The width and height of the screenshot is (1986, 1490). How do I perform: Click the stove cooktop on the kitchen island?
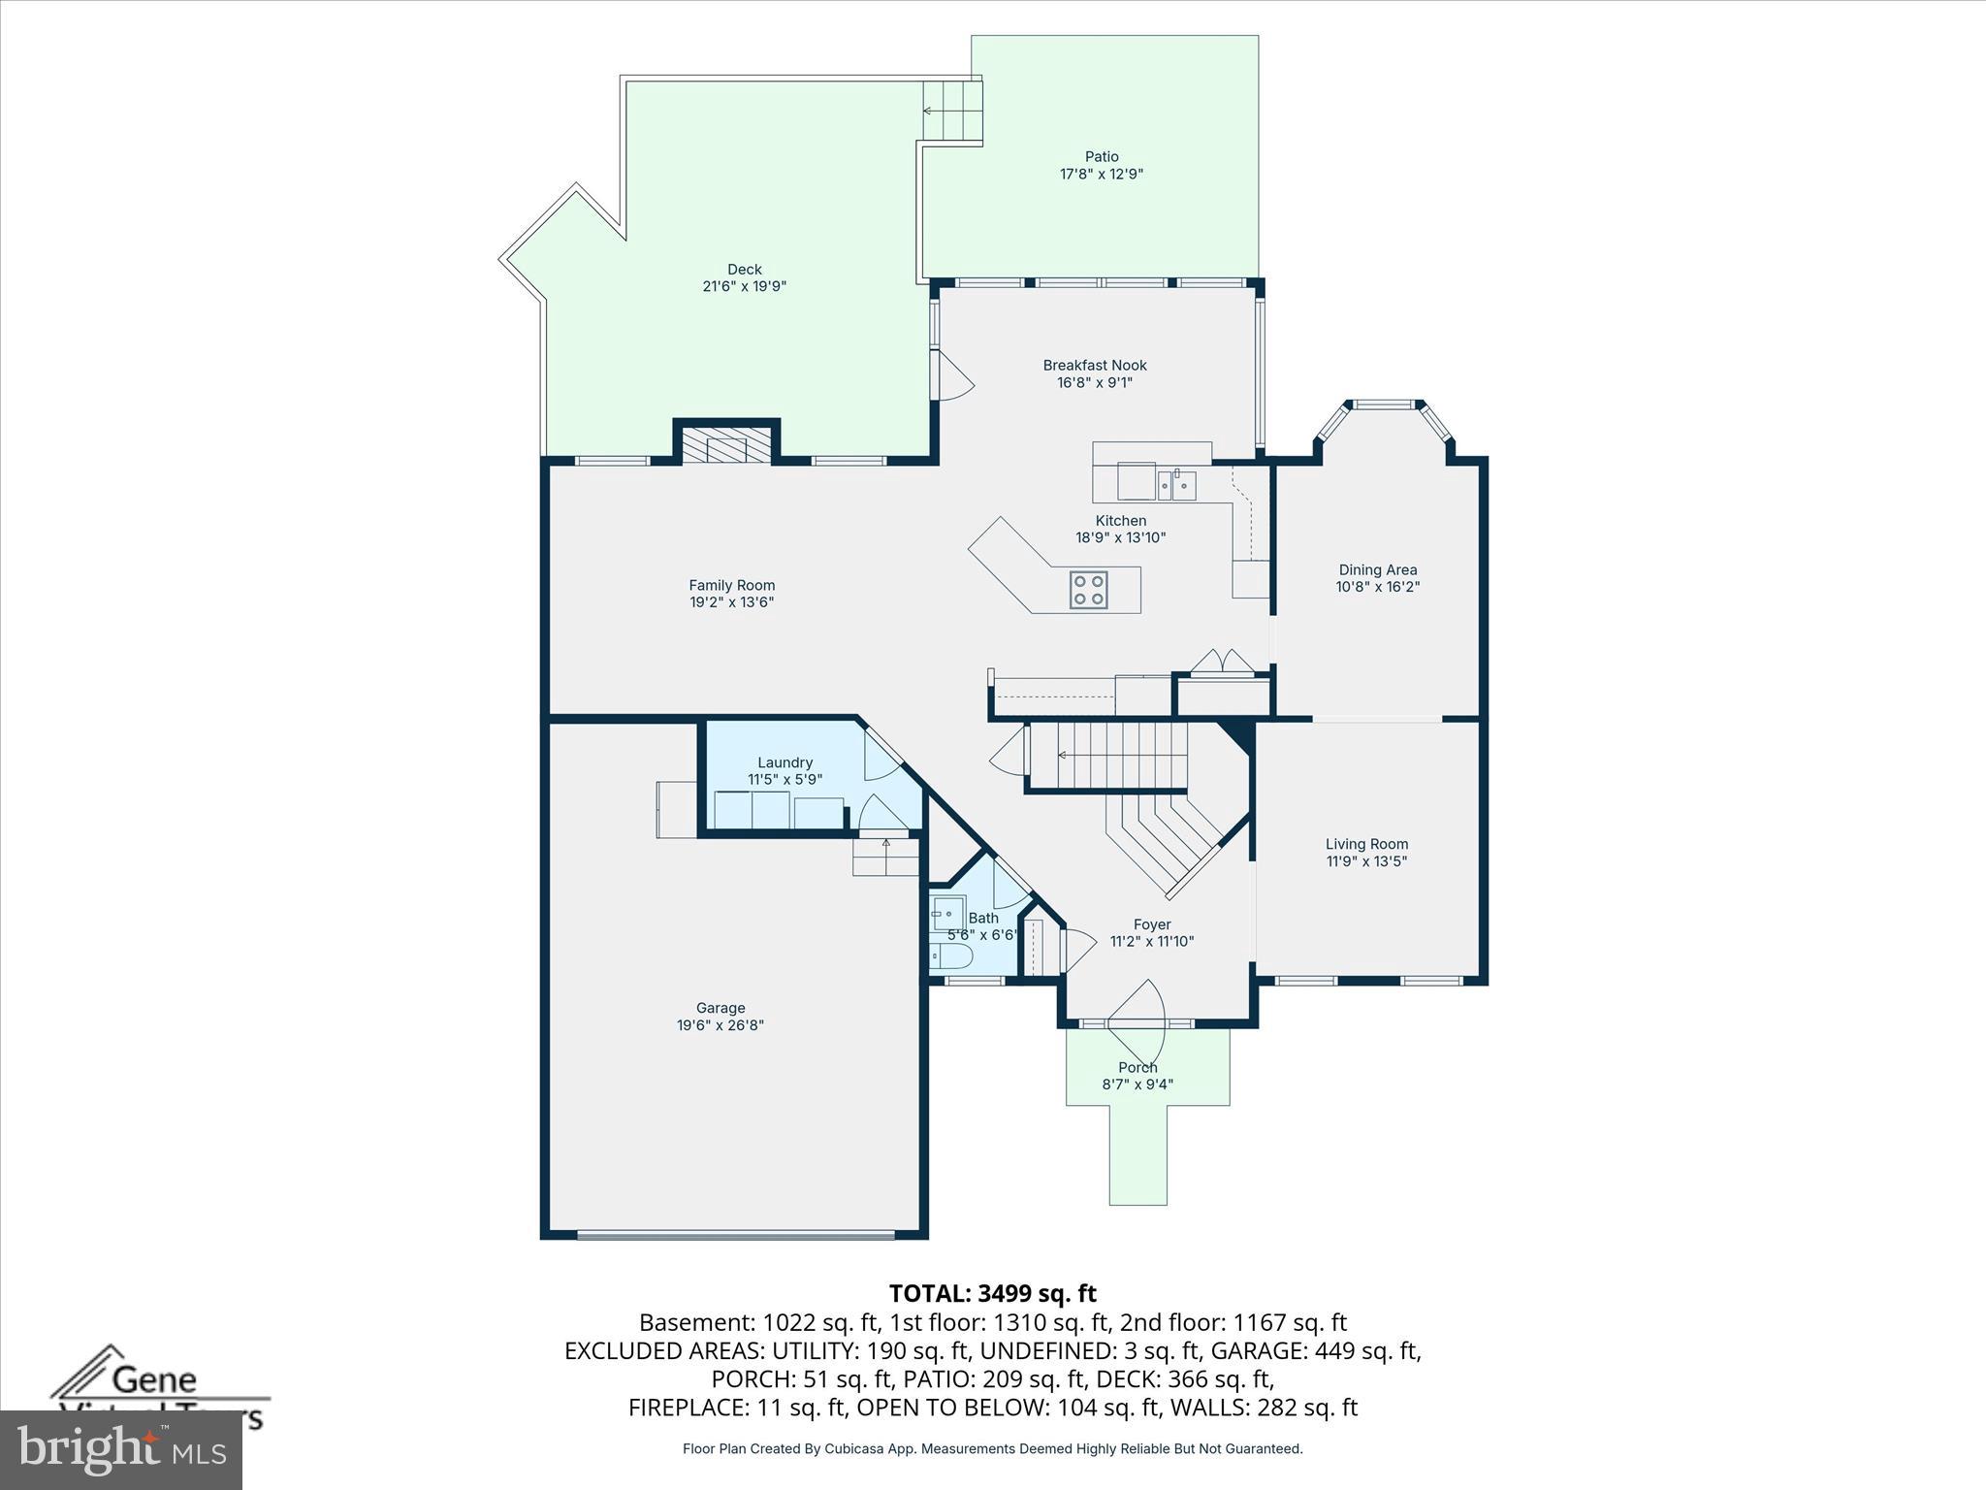tap(1089, 590)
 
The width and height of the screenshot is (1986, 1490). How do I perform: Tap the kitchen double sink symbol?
tap(1176, 484)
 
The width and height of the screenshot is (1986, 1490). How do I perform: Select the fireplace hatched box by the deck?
tap(727, 448)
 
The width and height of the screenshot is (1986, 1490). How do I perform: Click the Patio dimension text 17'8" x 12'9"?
tap(1102, 175)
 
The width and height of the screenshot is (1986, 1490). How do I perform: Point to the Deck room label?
tap(745, 270)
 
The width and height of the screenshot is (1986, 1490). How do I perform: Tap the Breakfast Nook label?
tap(1095, 366)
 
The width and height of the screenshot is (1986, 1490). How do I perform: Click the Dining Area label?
tap(1378, 570)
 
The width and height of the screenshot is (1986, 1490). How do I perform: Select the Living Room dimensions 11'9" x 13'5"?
tap(1366, 861)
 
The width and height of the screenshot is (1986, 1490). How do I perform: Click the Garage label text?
tap(721, 1008)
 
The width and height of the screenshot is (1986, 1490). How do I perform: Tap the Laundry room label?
tap(785, 762)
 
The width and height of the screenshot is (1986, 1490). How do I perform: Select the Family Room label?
tap(732, 585)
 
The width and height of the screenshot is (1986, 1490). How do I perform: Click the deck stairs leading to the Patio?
tap(951, 111)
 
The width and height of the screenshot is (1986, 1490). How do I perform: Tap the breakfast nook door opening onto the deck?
tap(951, 375)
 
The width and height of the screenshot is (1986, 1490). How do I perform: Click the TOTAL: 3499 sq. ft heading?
tap(992, 1293)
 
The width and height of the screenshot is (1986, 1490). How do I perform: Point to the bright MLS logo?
tap(121, 1449)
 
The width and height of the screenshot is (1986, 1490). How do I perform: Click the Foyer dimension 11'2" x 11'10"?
tap(1152, 941)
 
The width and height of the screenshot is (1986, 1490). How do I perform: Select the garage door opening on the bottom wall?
tap(735, 1235)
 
